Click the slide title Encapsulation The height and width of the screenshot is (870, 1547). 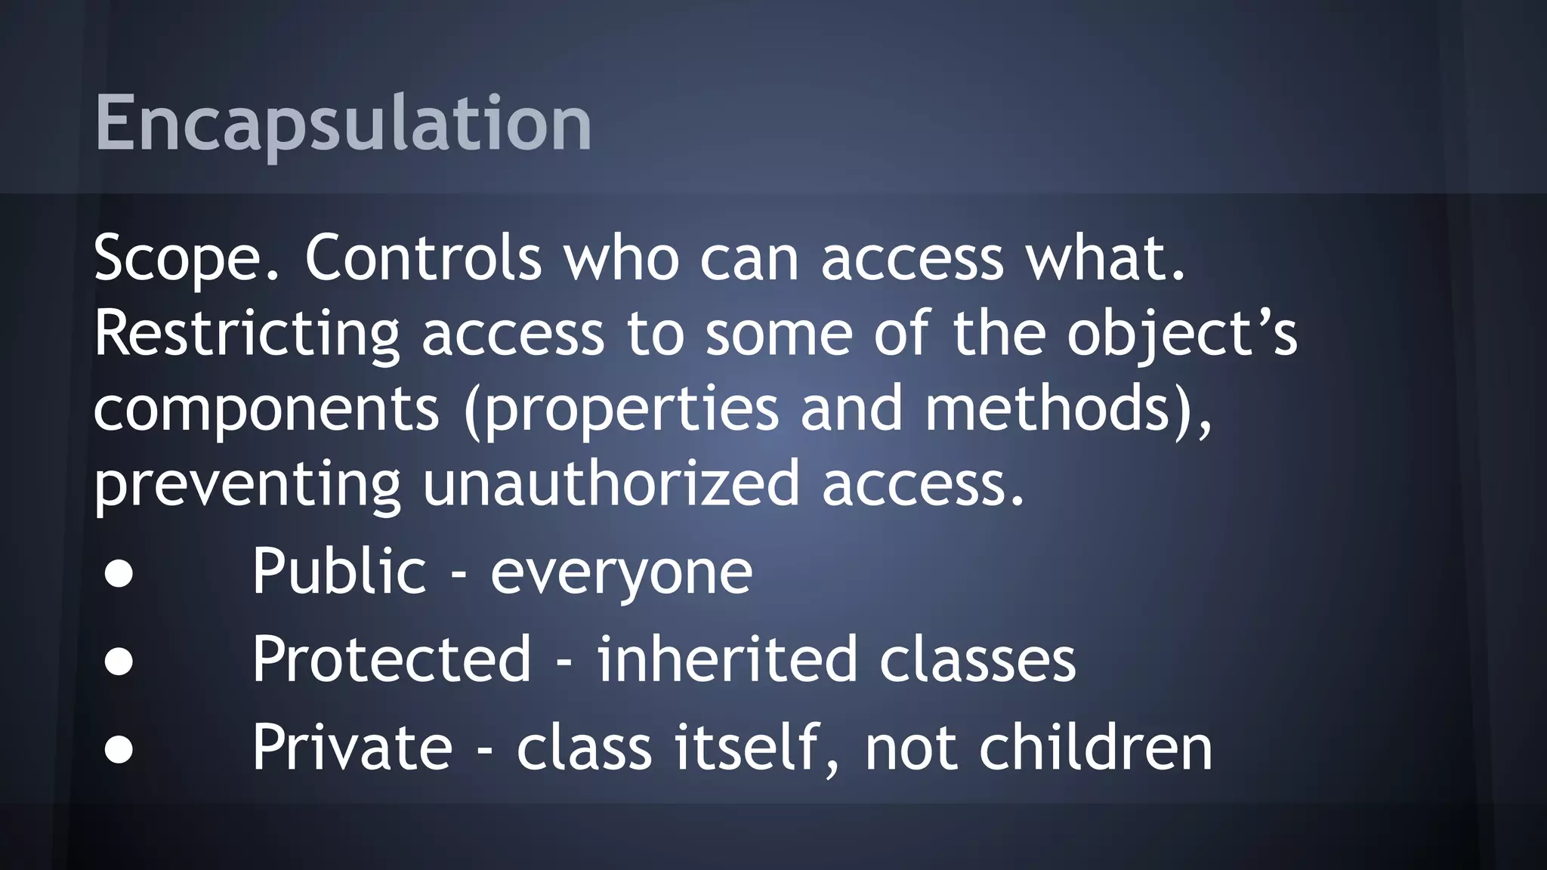tap(343, 123)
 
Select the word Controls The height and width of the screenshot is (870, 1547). tap(423, 258)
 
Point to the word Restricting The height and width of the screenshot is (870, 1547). tap(246, 334)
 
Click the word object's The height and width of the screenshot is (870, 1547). tap(1181, 334)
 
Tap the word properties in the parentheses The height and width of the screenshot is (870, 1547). tap(631, 409)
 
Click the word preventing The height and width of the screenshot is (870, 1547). tap(246, 485)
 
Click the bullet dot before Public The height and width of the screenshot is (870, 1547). tap(119, 574)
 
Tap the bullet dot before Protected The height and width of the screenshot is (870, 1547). tap(119, 662)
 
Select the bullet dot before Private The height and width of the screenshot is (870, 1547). tap(119, 750)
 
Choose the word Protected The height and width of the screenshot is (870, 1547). tap(391, 659)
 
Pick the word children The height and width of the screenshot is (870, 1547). tap(1095, 748)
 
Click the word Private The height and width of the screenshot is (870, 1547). tap(352, 748)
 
